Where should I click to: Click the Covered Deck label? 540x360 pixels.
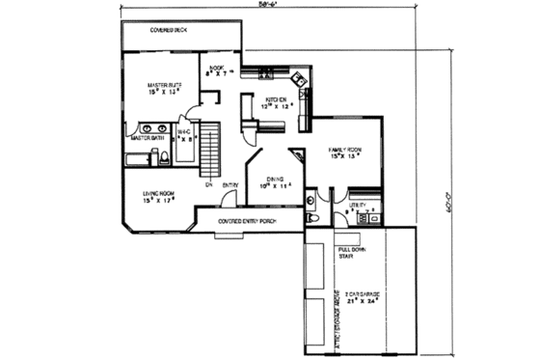[x=169, y=31]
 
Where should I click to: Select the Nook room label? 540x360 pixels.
[x=216, y=69]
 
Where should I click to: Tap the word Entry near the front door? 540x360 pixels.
[x=231, y=185]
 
